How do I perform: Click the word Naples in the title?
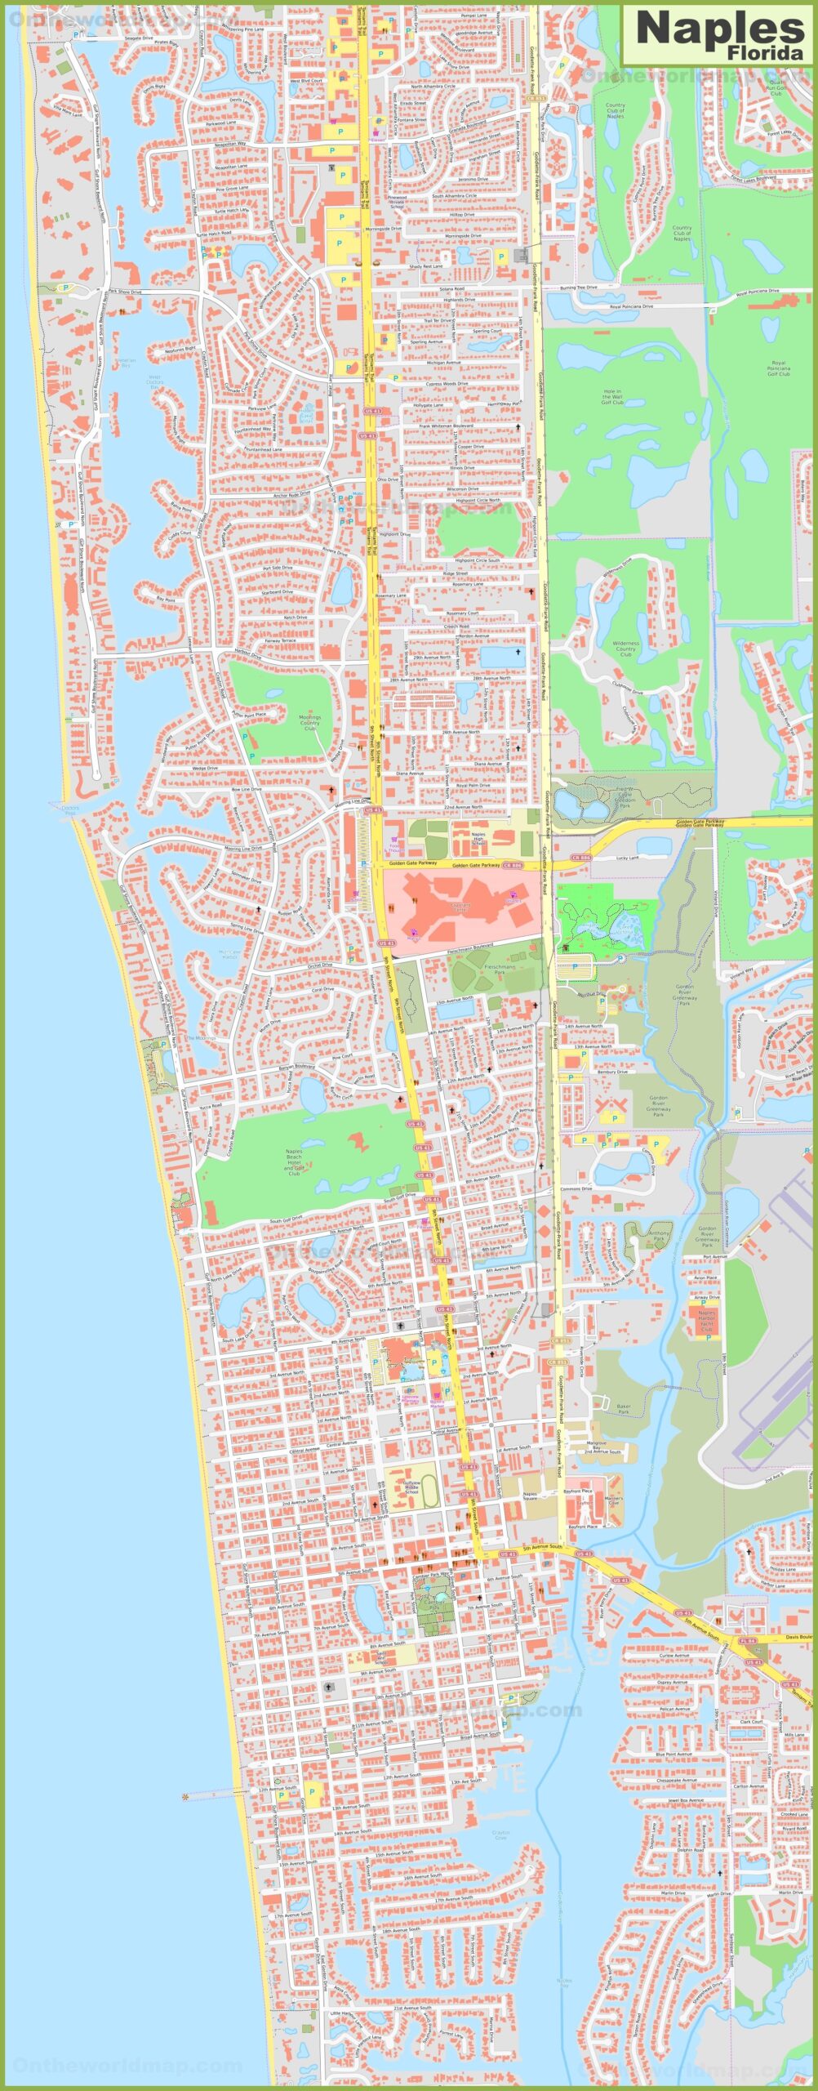(x=719, y=29)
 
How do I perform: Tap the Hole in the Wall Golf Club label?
(x=612, y=397)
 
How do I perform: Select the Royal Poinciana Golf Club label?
(x=778, y=368)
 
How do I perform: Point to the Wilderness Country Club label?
(x=625, y=649)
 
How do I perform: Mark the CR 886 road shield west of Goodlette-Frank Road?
(x=512, y=864)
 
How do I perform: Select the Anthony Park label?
(x=659, y=1236)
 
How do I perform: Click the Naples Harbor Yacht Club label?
(x=707, y=1321)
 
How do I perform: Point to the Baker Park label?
(x=624, y=1408)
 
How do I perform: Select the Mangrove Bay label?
(x=596, y=1447)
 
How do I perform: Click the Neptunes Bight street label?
(x=180, y=350)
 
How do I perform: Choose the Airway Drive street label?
(x=707, y=1296)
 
